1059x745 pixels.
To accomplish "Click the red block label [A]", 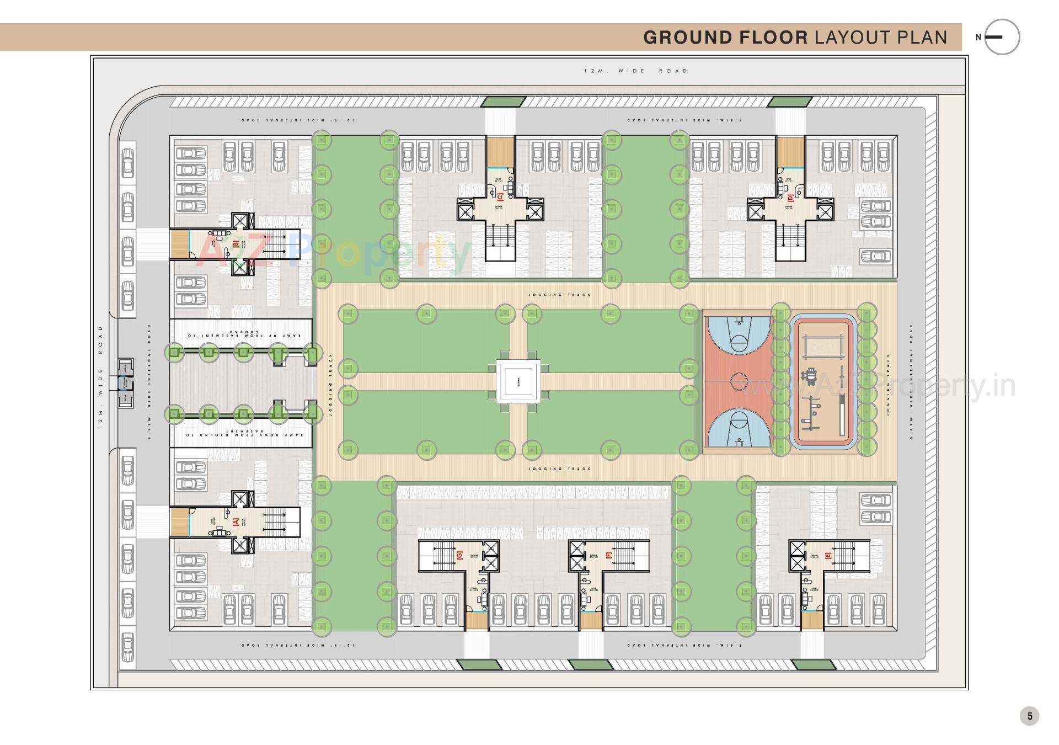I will click(x=236, y=521).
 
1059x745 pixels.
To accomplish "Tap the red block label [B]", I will click(x=236, y=244).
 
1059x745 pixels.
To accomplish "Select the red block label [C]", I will click(x=500, y=196).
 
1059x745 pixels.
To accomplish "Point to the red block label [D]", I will click(x=790, y=197).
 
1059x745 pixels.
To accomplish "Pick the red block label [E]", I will click(x=827, y=556).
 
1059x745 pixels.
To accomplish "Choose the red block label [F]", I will click(x=608, y=556).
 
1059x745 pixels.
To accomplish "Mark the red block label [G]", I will click(x=459, y=556).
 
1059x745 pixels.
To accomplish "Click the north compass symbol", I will click(x=1001, y=37).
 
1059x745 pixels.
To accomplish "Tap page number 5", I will click(x=1029, y=716).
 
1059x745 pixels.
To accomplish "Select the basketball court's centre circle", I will click(x=739, y=381).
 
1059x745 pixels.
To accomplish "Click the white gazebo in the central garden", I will click(x=518, y=381).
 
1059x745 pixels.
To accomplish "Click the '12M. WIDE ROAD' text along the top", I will click(x=635, y=71).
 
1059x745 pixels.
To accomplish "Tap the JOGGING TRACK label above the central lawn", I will click(x=559, y=295).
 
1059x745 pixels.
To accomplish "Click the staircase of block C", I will click(x=500, y=237).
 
